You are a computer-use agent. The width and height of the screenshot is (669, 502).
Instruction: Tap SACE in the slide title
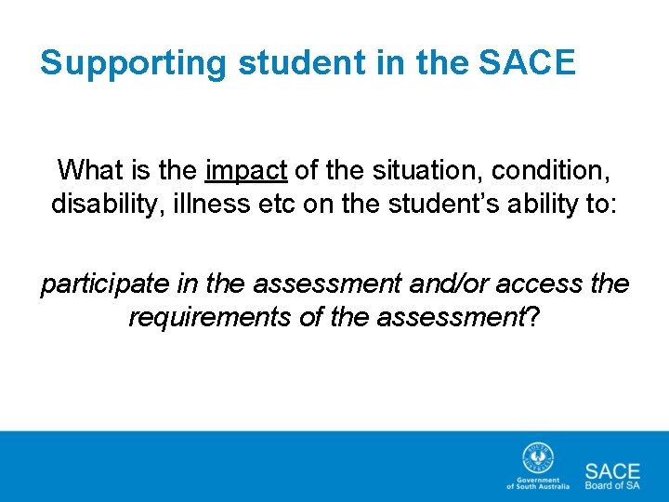tap(527, 63)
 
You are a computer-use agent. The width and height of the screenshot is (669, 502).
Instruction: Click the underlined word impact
tap(246, 170)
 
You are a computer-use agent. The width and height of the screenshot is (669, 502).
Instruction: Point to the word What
tap(89, 170)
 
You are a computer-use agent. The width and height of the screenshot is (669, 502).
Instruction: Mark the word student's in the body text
tap(417, 204)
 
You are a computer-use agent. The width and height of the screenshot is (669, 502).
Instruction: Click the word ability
tap(528, 204)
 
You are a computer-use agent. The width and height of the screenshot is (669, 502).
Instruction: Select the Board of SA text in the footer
tap(611, 484)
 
